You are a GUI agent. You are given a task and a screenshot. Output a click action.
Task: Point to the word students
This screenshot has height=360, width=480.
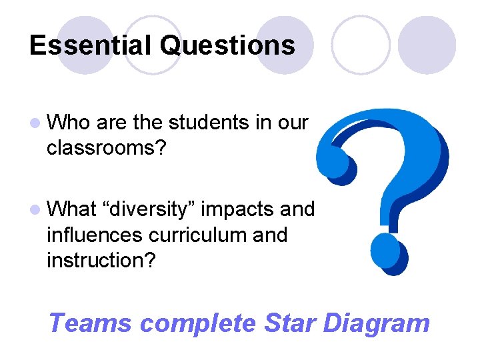point(209,123)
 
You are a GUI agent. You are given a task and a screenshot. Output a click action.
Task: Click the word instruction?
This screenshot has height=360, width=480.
point(101,260)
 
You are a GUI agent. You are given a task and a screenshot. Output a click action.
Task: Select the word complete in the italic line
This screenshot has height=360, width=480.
point(198,323)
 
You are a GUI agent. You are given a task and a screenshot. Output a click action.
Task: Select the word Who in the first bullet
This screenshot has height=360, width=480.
point(69,123)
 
